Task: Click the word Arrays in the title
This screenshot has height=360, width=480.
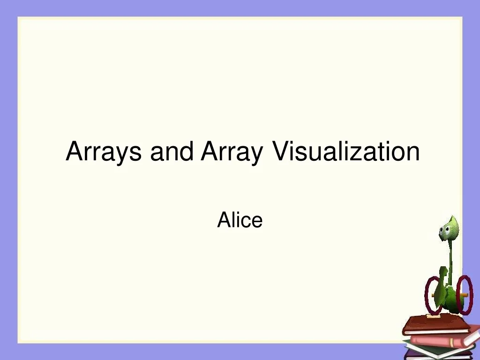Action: tap(104, 151)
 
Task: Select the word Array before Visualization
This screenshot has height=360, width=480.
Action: tap(232, 151)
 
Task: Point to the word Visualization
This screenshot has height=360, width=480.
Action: tap(346, 151)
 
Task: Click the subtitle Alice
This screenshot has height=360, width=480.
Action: tap(240, 220)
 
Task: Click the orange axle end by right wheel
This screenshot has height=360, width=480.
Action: tap(465, 294)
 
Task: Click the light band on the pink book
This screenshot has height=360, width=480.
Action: tap(451, 342)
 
